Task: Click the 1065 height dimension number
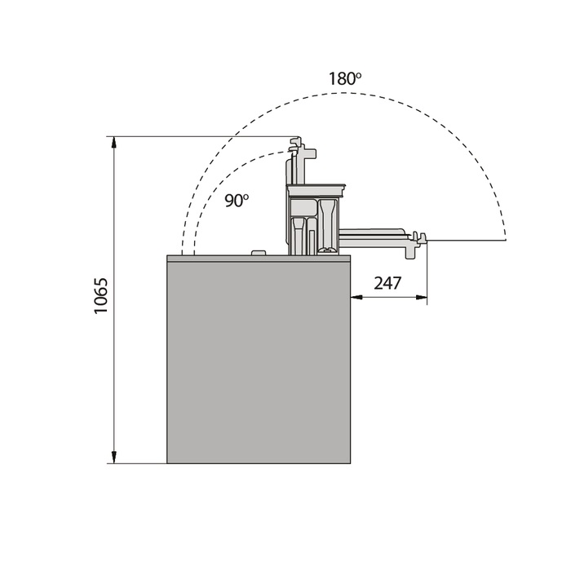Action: (x=101, y=295)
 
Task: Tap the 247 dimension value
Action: (x=387, y=283)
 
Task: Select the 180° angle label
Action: (x=345, y=78)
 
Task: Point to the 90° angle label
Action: (x=237, y=201)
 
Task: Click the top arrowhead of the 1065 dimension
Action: (x=114, y=143)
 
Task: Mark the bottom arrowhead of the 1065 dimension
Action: (x=114, y=458)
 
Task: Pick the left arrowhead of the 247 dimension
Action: (x=356, y=298)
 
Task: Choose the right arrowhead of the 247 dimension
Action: (x=422, y=298)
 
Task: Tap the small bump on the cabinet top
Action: (x=258, y=253)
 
